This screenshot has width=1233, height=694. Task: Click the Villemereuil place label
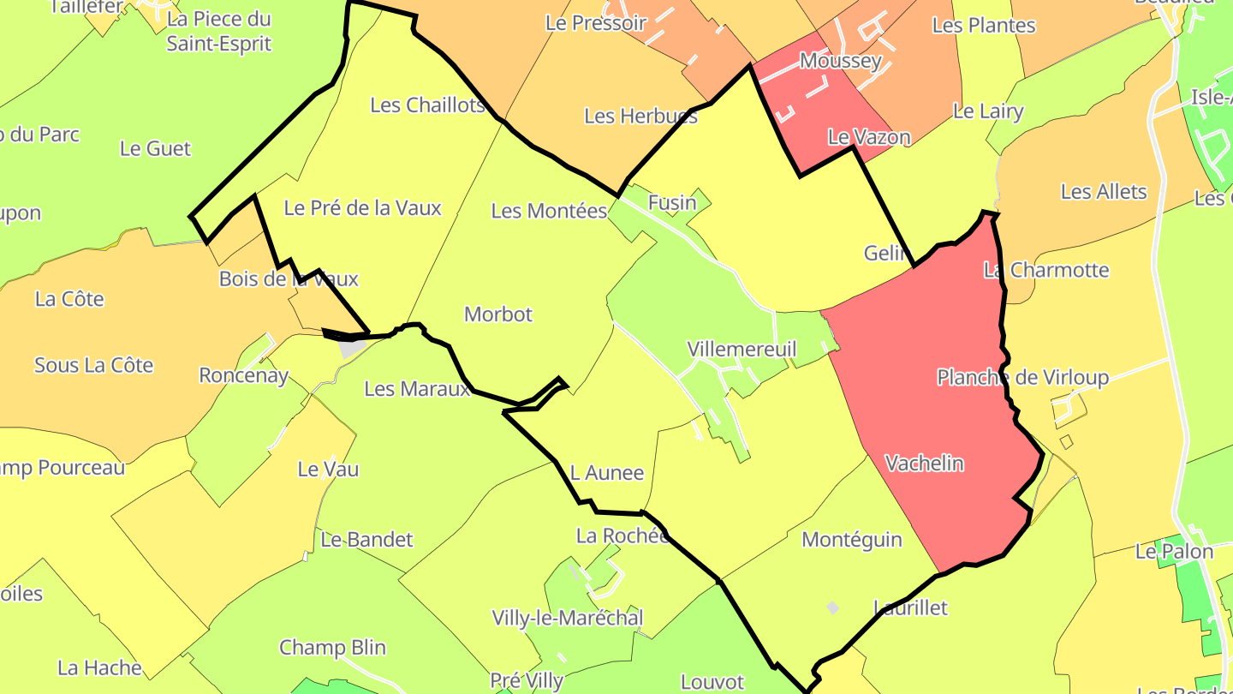[742, 350]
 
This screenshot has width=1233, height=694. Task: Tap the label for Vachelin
[924, 464]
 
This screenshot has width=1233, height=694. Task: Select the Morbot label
[498, 314]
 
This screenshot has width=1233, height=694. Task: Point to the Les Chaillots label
[427, 105]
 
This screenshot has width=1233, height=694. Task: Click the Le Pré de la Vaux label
[362, 208]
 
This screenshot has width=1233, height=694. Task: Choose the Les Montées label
[549, 211]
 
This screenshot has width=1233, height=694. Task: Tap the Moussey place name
[840, 61]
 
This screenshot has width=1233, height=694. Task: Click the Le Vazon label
[868, 137]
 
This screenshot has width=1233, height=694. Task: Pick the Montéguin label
[851, 540]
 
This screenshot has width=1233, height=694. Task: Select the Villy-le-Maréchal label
[567, 618]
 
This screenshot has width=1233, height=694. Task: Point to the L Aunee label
[606, 473]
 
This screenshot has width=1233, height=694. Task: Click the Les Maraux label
[417, 389]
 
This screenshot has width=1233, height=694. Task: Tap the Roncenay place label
[243, 375]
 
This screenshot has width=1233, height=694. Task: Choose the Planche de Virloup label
[1022, 378]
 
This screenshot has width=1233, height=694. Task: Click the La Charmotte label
[1045, 271]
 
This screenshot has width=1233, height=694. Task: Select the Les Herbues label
[640, 116]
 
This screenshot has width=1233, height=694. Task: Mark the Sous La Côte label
[93, 366]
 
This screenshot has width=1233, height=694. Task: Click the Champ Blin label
[332, 648]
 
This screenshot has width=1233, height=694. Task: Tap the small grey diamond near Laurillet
[832, 607]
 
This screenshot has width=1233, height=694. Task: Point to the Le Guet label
[155, 149]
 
